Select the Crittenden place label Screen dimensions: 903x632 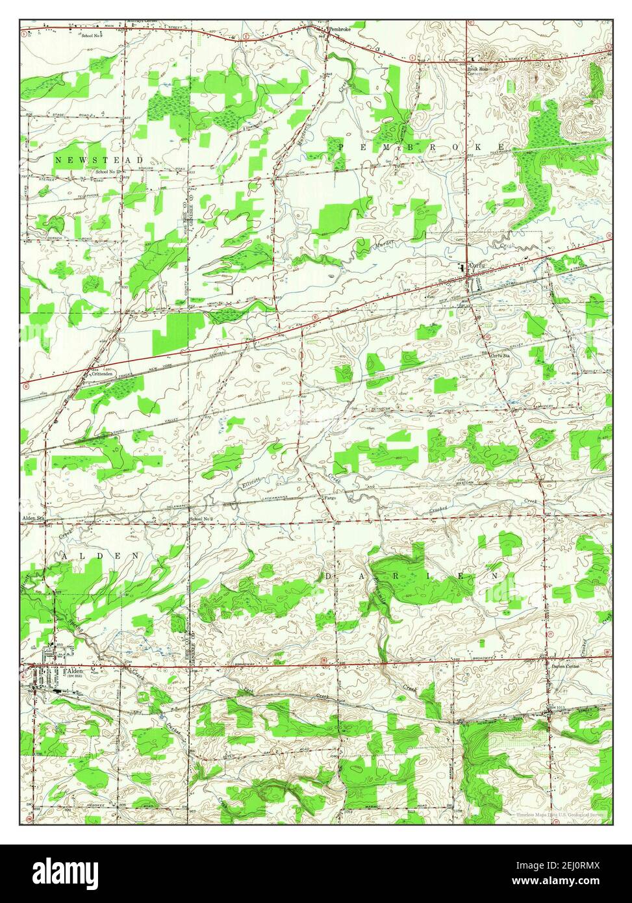point(103,375)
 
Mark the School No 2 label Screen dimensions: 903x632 point(201,518)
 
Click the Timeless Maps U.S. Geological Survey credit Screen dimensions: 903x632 point(559,813)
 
